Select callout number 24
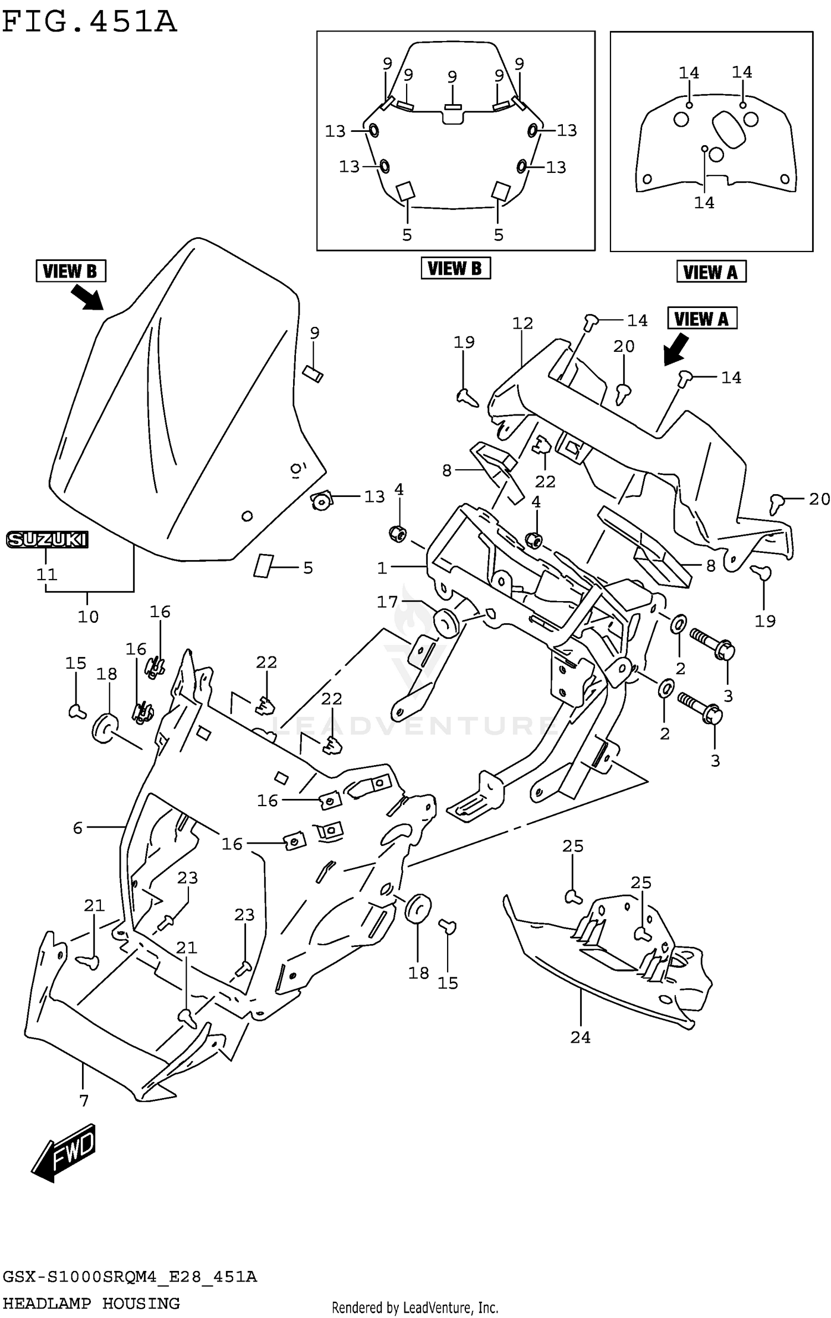(580, 1037)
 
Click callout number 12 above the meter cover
(522, 323)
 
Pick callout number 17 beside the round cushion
(387, 602)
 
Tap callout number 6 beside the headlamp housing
(78, 828)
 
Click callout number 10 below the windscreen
(88, 617)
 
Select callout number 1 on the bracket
(382, 568)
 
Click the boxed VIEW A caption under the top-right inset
(711, 272)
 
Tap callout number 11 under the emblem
(47, 575)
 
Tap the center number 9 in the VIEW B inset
(452, 77)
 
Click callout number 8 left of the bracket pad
(447, 471)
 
